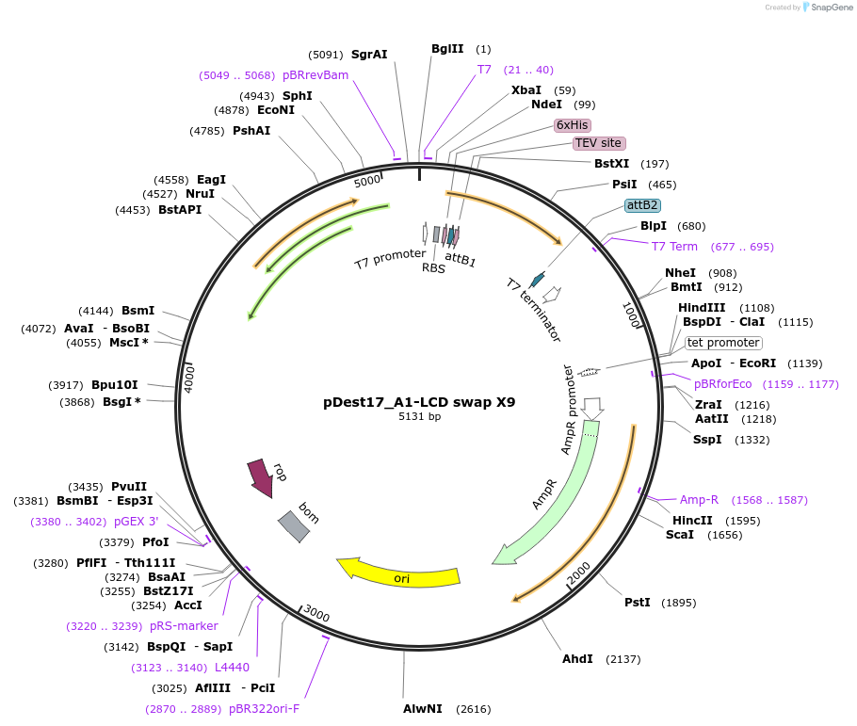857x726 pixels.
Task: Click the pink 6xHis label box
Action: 572,124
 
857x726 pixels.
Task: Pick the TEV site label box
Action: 598,143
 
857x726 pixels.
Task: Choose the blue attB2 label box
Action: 642,204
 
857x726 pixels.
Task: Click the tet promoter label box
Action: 722,343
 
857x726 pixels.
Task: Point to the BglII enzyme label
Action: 447,49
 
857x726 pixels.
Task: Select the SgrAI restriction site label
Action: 369,55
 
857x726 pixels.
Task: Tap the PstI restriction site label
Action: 638,603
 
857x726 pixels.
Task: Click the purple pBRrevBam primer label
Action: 315,75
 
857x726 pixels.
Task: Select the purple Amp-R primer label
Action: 699,500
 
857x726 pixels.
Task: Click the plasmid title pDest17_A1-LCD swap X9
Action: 419,402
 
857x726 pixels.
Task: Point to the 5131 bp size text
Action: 419,416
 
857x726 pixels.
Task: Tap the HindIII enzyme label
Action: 702,308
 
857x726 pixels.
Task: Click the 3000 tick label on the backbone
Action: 316,616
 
